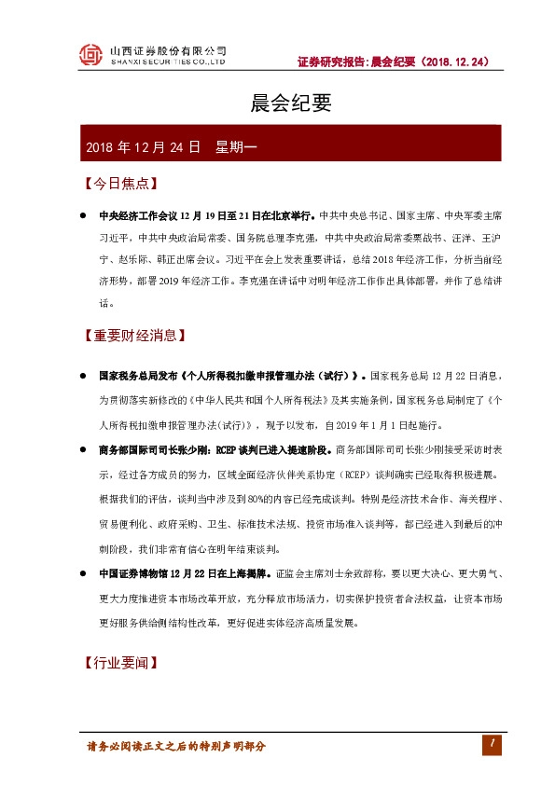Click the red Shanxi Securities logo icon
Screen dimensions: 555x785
(90, 56)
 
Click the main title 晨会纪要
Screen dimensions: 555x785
(278, 103)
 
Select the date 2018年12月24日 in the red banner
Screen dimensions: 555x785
(143, 147)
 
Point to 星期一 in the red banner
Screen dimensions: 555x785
(242, 147)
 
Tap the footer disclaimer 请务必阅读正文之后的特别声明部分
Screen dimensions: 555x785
(176, 746)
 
